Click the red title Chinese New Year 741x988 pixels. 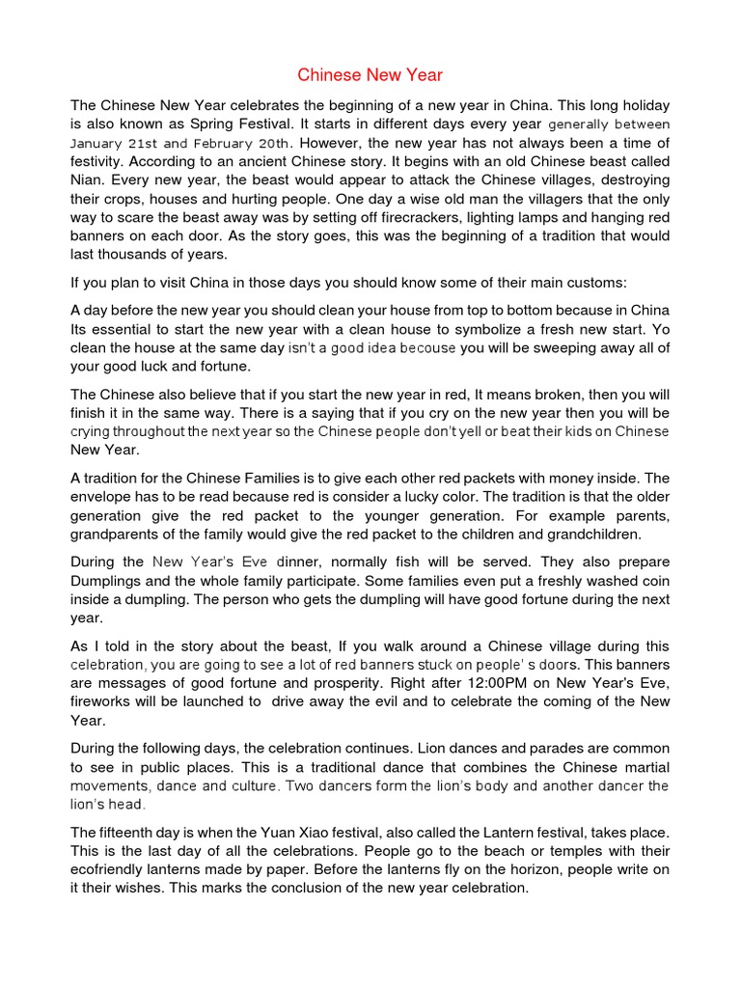370,74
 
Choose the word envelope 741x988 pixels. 104,496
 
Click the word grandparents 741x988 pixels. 120,534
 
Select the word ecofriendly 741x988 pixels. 114,869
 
